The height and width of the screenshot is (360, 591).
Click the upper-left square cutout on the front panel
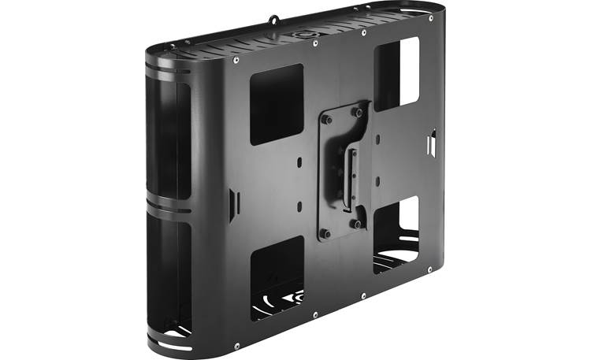pos(276,103)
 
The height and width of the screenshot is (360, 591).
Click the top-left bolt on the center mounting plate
pos(327,121)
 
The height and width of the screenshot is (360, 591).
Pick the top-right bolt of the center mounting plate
pos(358,113)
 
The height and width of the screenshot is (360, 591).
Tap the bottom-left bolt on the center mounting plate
pos(326,233)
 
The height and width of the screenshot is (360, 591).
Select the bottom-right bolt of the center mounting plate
pos(358,224)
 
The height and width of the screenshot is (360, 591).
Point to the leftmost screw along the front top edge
pos(236,60)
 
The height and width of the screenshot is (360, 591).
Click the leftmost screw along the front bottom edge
pos(236,343)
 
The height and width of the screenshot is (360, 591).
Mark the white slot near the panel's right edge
pos(431,144)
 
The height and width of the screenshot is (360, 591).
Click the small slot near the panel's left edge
pos(231,206)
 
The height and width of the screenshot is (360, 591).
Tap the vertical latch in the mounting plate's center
pos(344,169)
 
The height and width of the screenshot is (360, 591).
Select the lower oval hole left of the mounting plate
pos(300,206)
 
